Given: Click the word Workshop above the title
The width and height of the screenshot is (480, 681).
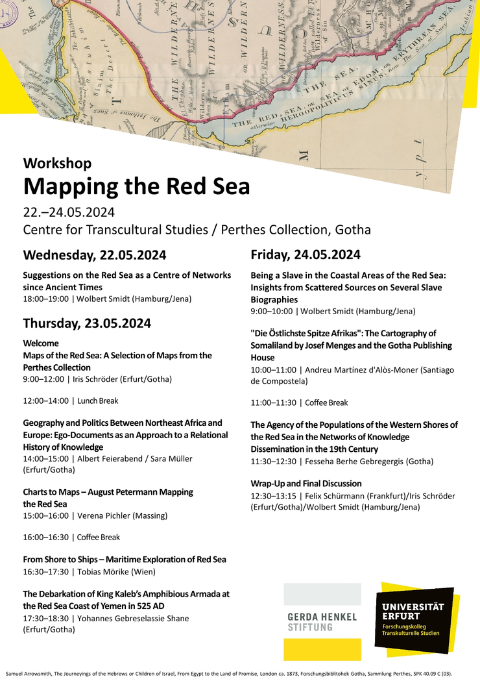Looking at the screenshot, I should [57, 163].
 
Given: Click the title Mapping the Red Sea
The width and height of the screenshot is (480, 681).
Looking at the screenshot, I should [136, 186].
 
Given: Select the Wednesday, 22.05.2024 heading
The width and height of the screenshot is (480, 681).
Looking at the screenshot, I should [95, 254].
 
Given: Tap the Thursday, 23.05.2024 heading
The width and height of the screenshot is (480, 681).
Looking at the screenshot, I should [87, 323].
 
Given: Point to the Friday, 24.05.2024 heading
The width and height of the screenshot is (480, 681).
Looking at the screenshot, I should [306, 254].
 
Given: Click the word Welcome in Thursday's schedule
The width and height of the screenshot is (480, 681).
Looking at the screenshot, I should [41, 343].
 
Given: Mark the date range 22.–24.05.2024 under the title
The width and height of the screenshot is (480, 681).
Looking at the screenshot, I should [69, 213].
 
